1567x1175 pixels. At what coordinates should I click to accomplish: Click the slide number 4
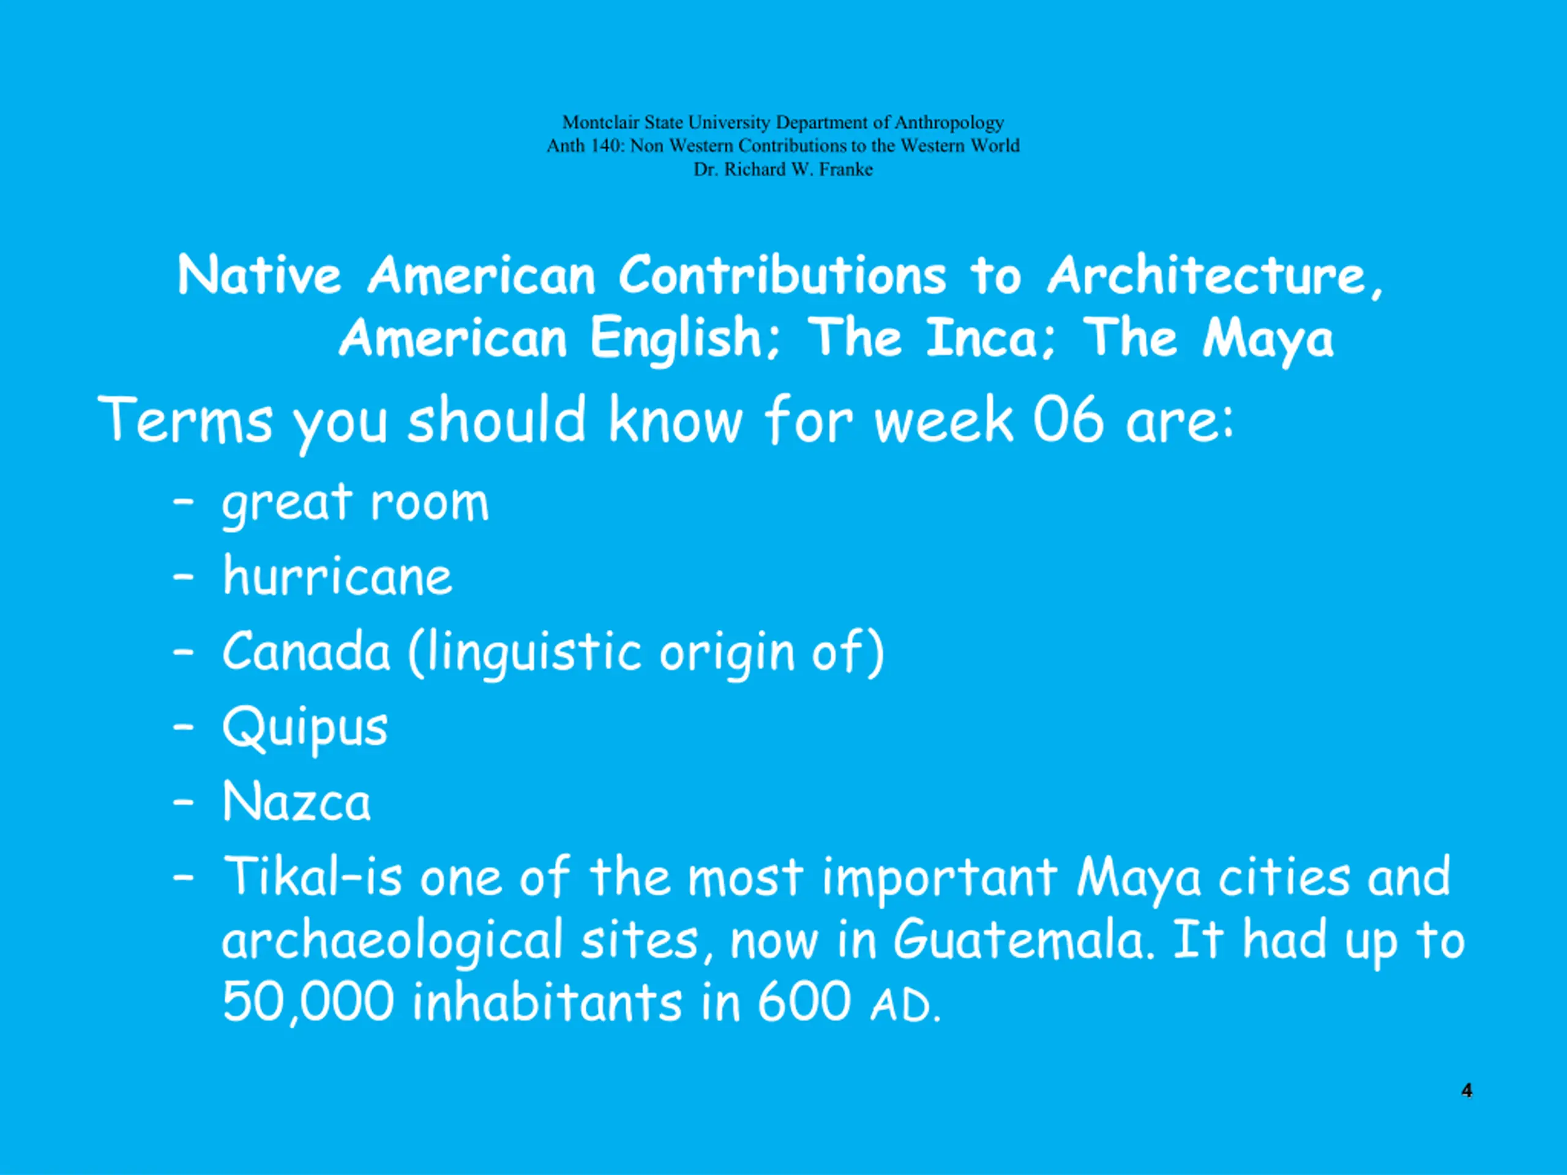coord(1467,1090)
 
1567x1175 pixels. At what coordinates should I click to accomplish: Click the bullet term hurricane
coord(337,576)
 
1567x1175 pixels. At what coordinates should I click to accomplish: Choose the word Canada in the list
coord(306,651)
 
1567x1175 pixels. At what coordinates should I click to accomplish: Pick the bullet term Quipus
coord(305,728)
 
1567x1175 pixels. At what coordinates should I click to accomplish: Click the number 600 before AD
coord(804,1001)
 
